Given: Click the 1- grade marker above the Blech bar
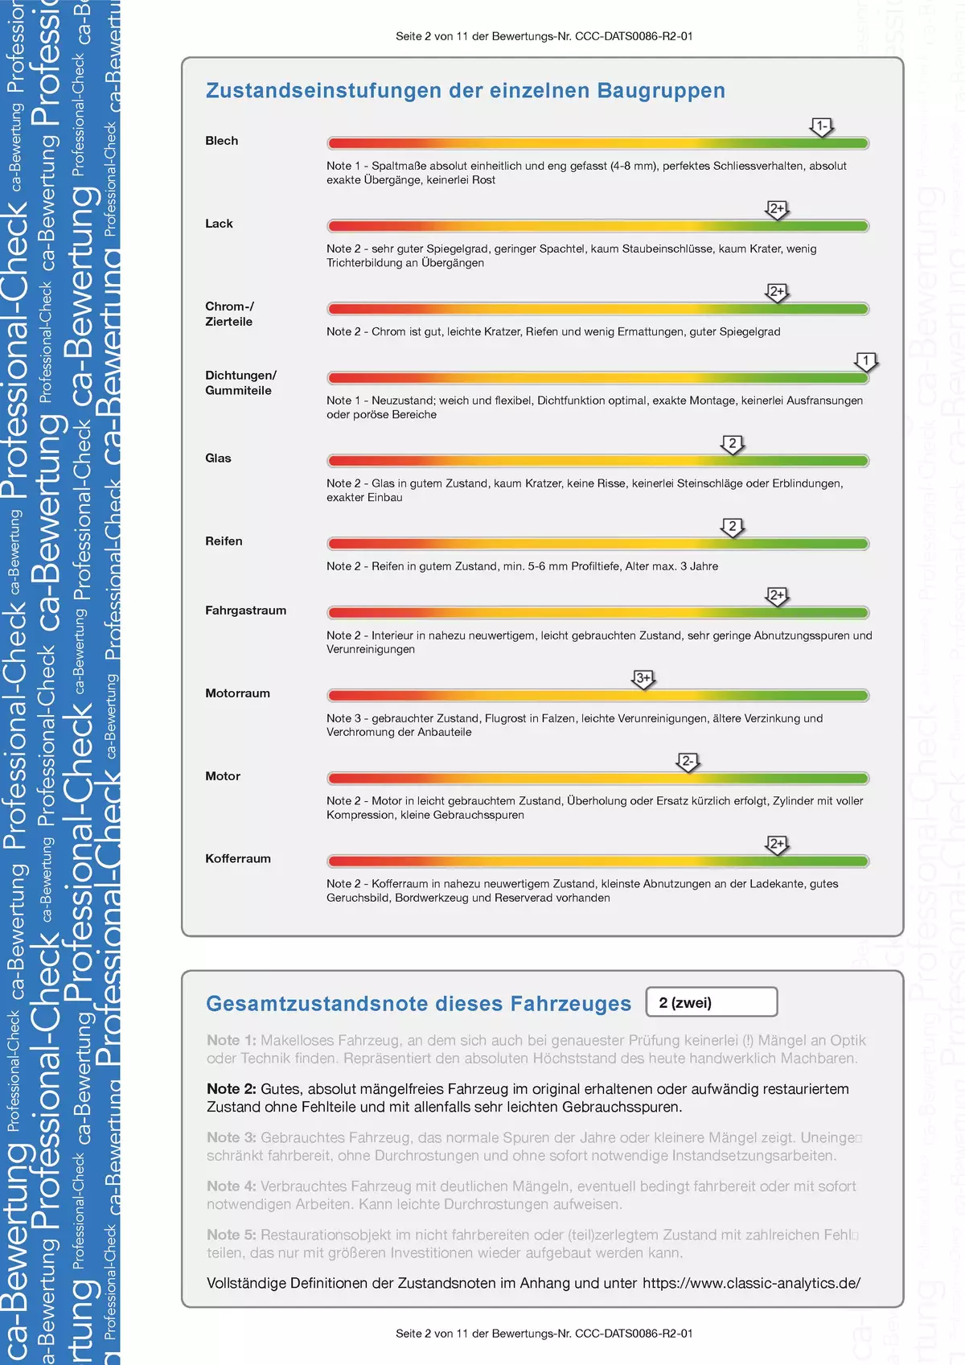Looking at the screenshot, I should click(x=821, y=126).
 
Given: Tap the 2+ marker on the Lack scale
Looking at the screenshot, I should click(x=777, y=209).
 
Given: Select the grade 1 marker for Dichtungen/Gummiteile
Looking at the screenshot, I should click(x=866, y=361).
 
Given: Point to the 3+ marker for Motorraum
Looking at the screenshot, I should click(x=643, y=679).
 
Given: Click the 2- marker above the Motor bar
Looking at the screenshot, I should click(x=688, y=762).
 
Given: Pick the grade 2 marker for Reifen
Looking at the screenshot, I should click(x=732, y=527).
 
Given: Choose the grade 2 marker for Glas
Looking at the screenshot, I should click(x=732, y=444).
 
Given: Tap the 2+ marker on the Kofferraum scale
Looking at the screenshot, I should click(x=777, y=845).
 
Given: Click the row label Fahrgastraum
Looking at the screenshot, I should click(x=245, y=611).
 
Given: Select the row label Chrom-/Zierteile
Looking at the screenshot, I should click(x=229, y=314).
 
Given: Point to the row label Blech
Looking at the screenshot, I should click(x=221, y=141).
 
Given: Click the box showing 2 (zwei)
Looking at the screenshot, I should click(x=711, y=1002).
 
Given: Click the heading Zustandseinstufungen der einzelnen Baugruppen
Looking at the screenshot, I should click(x=465, y=91).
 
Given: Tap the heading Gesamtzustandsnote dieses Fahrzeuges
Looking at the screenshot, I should click(x=418, y=1004).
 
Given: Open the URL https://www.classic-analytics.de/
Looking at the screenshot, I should click(x=751, y=1283).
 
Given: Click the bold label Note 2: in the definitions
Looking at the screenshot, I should click(x=232, y=1089).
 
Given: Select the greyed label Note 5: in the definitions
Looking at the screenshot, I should click(x=232, y=1235).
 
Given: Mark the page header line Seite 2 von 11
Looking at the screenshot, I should click(x=544, y=36).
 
